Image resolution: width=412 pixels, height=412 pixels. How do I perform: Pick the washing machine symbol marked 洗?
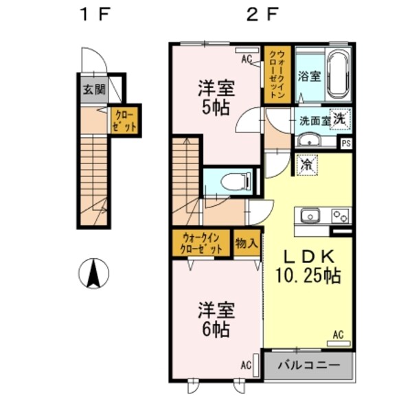pyautogui.click(x=340, y=119)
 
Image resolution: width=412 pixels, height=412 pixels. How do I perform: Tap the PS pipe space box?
pyautogui.click(x=346, y=144)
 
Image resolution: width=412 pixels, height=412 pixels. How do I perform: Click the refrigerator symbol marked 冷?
pyautogui.click(x=306, y=165)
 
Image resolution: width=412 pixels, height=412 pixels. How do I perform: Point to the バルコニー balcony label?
pyautogui.click(x=308, y=365)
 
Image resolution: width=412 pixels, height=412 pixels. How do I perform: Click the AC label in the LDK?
pyautogui.click(x=337, y=334)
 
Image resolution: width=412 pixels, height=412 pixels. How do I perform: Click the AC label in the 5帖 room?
pyautogui.click(x=247, y=59)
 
